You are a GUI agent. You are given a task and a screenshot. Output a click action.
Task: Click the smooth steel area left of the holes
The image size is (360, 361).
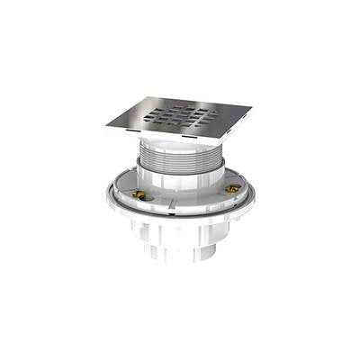[x=130, y=121]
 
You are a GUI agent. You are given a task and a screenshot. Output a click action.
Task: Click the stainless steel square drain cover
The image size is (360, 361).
[x=180, y=116]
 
